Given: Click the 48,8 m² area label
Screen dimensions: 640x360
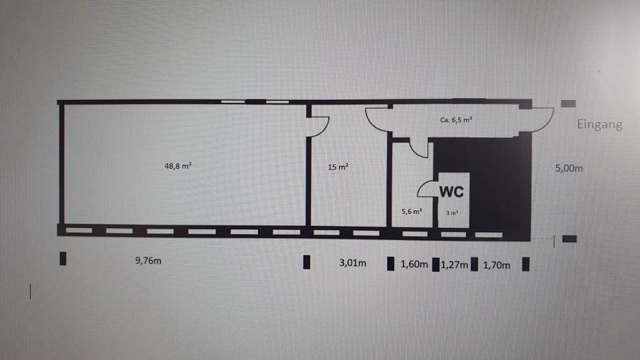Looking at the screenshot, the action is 179,166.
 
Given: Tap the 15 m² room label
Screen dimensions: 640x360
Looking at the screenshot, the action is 338,167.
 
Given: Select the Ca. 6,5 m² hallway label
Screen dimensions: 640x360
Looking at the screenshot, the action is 457,121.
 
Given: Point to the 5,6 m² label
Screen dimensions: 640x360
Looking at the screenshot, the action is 411,211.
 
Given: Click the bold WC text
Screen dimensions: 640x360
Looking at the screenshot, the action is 451,190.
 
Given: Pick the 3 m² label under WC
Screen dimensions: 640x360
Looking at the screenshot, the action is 451,213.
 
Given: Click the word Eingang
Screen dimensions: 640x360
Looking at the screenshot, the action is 600,124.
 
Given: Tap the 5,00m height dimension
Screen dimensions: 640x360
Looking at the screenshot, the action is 569,169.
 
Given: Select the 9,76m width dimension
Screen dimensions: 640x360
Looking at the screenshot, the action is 148,261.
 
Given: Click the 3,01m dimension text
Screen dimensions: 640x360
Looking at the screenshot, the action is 353,263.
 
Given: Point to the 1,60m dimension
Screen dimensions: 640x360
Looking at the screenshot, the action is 413,265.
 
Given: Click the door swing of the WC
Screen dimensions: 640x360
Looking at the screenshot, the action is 427,189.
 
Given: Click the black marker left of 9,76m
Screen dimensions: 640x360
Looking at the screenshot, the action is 63,259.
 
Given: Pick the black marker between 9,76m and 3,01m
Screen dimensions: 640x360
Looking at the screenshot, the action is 307,262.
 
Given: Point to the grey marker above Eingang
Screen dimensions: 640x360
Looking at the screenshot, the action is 568,103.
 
